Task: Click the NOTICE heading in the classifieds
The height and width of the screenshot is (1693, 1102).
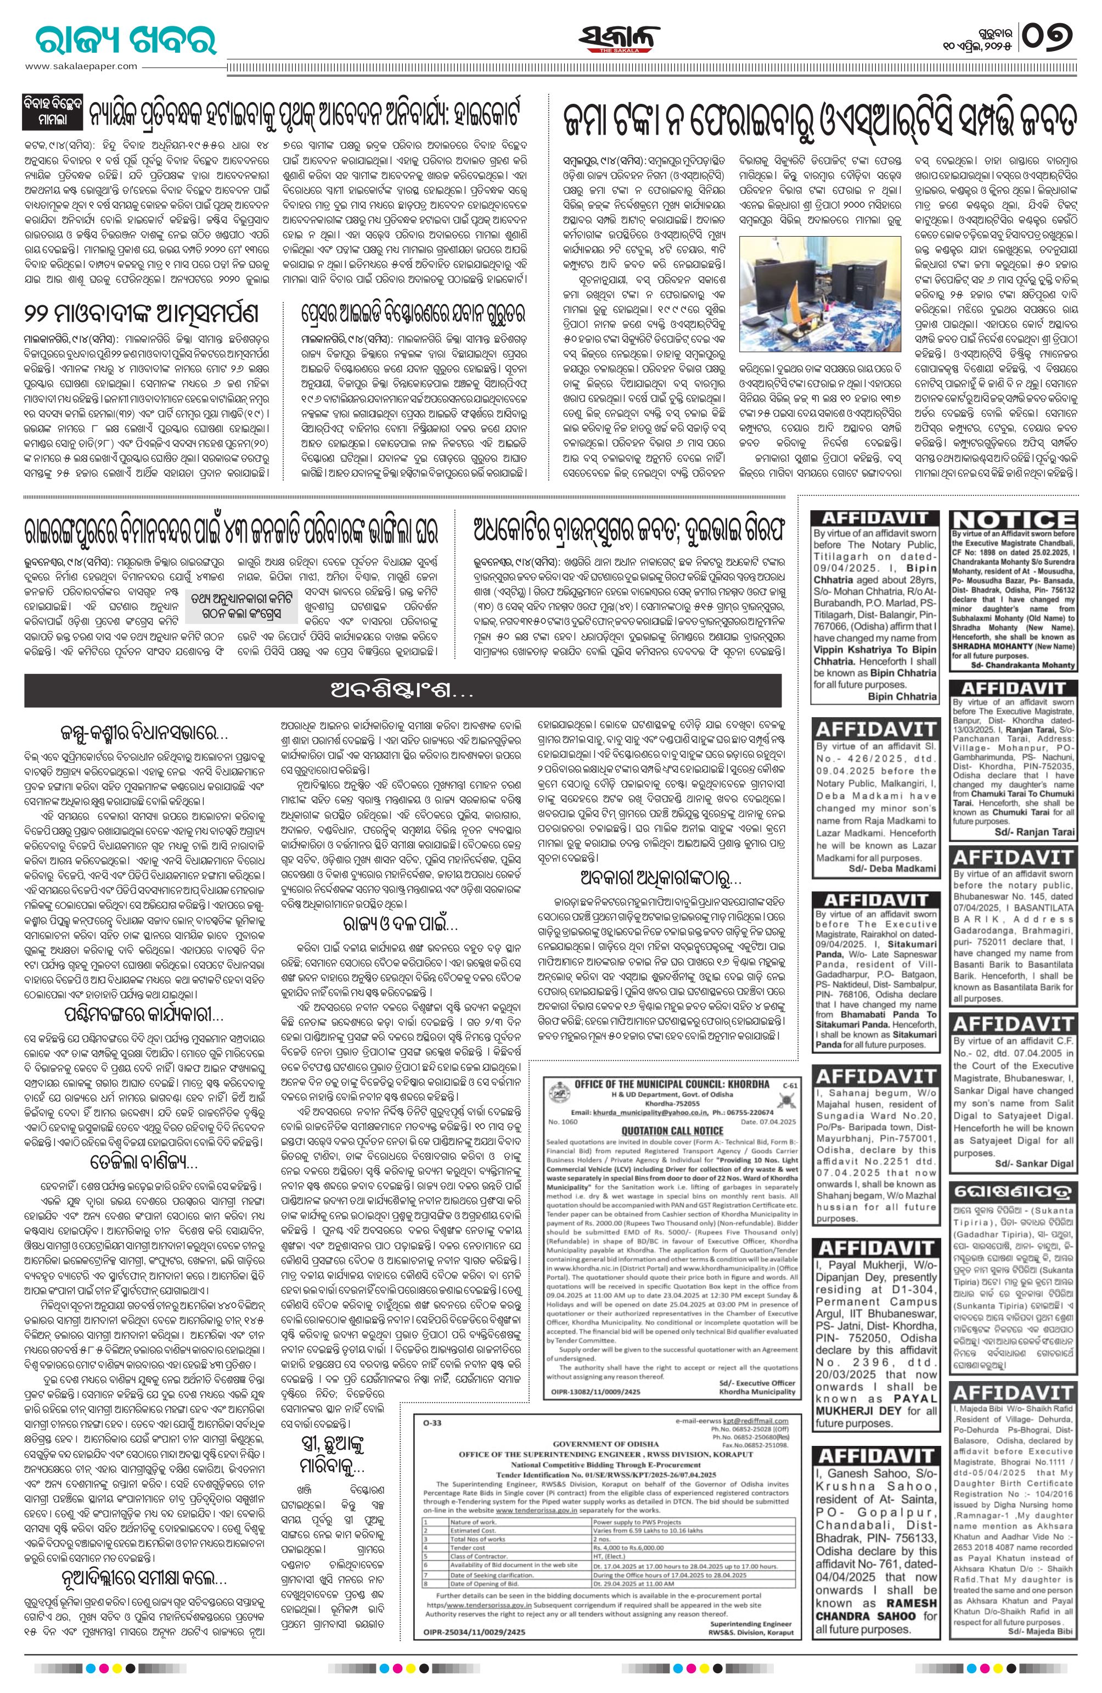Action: pos(1013,520)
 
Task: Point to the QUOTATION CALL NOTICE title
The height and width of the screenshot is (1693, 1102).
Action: pos(672,1130)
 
